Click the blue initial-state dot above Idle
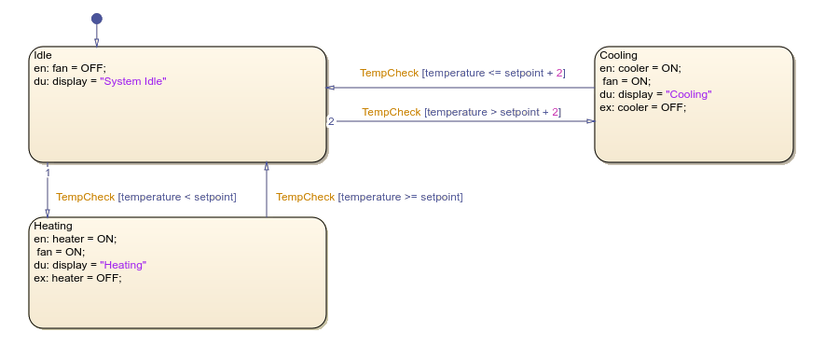point(96,19)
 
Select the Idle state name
point(42,55)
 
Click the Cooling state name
point(619,56)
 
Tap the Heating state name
point(53,226)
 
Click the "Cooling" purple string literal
point(688,94)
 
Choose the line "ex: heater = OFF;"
point(77,278)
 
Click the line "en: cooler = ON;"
point(640,68)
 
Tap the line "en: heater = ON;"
point(76,239)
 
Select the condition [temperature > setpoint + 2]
point(492,112)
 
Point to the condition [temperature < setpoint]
point(177,197)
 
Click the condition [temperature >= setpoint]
point(401,197)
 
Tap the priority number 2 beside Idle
point(331,121)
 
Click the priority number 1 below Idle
point(48,171)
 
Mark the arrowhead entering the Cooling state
point(589,120)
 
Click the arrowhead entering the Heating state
point(48,213)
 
